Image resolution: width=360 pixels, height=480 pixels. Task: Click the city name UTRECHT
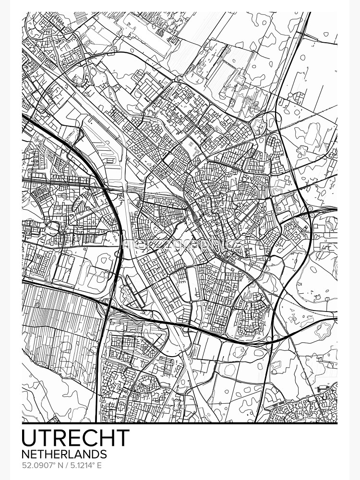[x=76, y=437]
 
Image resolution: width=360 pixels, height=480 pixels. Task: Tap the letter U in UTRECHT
[x=30, y=437]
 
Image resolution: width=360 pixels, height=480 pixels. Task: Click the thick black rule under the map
[x=180, y=423]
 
